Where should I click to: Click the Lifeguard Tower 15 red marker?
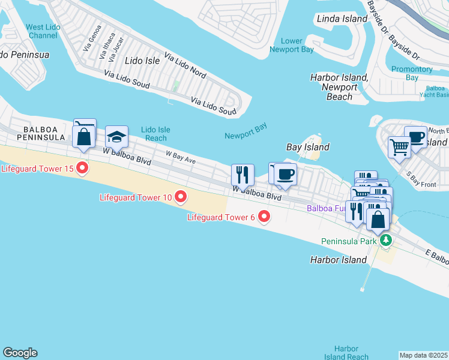click(x=82, y=168)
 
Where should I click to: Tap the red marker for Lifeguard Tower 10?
click(x=179, y=197)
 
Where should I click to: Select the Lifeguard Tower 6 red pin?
click(x=263, y=217)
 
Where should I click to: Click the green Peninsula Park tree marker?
click(x=386, y=241)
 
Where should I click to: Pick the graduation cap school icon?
click(x=116, y=136)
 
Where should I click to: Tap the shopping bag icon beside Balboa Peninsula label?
click(x=83, y=137)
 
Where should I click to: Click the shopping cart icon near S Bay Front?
click(x=399, y=146)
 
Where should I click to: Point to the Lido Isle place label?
click(x=142, y=61)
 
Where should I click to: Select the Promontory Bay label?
click(x=412, y=73)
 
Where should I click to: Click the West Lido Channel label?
click(x=43, y=31)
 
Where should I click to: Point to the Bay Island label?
click(x=307, y=147)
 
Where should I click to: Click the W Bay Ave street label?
click(x=181, y=159)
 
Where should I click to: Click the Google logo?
click(x=20, y=353)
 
